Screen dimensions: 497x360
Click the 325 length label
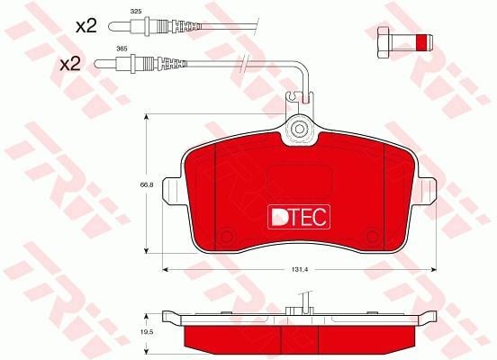pos(136,12)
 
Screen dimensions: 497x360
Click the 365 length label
pos(122,49)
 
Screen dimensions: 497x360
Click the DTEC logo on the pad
pos(299,217)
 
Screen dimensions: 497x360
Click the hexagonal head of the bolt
pos(384,42)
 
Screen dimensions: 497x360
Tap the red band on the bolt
pos(421,42)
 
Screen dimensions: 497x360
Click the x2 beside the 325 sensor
pos(86,26)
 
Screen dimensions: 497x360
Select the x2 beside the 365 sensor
pos(71,64)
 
